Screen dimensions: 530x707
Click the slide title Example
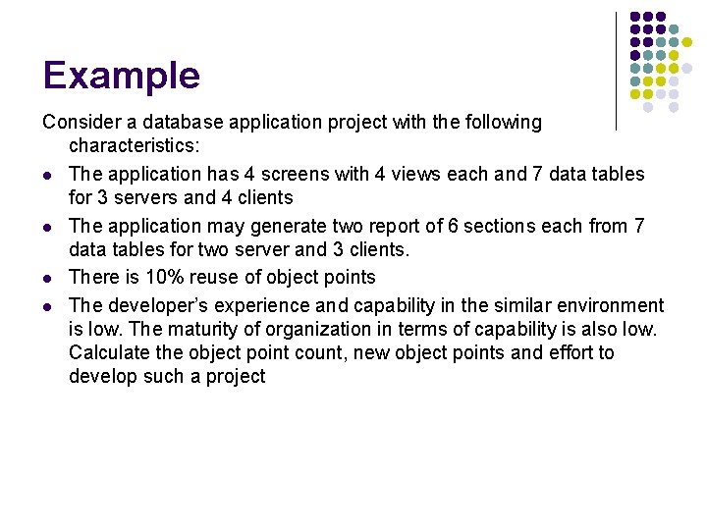click(121, 76)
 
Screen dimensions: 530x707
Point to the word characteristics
click(133, 146)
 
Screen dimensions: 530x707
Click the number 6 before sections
click(453, 226)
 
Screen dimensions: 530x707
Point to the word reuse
click(224, 278)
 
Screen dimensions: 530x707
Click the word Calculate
click(108, 352)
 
